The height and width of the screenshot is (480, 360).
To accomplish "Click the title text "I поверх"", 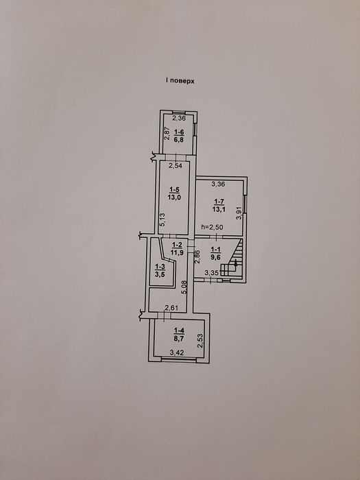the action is (180, 81).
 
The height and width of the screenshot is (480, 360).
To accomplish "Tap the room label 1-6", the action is (179, 132).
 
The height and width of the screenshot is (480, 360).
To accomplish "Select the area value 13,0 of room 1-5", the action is (174, 197).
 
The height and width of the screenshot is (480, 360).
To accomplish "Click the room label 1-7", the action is (219, 202).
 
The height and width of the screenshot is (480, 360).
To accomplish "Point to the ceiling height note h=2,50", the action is (211, 227).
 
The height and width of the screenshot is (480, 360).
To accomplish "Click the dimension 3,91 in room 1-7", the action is (239, 213).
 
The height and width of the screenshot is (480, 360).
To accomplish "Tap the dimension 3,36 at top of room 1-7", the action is (219, 184).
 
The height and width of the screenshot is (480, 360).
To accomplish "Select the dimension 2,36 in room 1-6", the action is (179, 119).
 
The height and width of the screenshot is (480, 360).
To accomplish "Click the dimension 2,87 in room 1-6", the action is (167, 134).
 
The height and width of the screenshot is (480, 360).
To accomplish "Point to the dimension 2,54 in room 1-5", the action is (176, 166).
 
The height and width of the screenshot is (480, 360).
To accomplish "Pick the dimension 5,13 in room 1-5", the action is (163, 219).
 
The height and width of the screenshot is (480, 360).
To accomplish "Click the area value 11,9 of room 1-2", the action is (177, 252).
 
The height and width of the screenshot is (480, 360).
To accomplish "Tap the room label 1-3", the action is (160, 267).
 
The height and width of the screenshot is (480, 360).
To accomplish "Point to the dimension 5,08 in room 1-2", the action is (184, 288).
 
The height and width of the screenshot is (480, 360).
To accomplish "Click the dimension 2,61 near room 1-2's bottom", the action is (171, 308).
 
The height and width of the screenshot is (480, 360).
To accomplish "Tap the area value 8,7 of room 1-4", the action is (179, 339).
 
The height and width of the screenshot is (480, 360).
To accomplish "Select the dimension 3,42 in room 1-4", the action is (177, 352).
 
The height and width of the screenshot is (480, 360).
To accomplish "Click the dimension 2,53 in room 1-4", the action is (200, 341).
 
